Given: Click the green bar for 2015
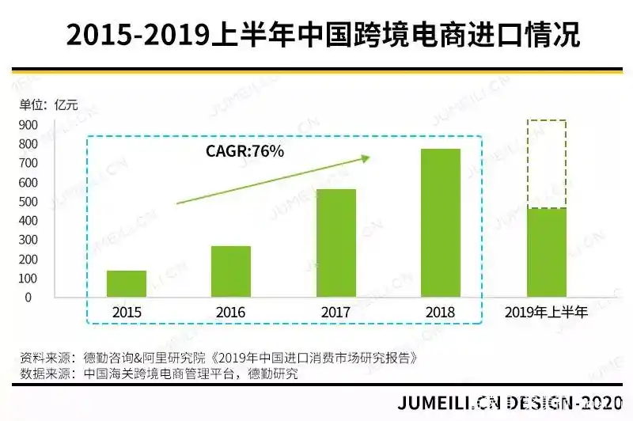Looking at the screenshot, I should [127, 283].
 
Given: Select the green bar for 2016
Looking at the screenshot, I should [231, 271].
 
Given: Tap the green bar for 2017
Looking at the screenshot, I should [336, 243].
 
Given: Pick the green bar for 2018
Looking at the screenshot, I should [441, 222].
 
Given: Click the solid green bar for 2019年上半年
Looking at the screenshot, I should [547, 252].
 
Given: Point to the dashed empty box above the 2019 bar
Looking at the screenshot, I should [547, 165].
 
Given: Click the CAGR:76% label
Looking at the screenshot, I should [245, 151].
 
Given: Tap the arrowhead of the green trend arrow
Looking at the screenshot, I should [365, 158].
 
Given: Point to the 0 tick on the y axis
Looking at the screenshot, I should [28, 298].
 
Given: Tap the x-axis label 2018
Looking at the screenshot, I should [441, 313].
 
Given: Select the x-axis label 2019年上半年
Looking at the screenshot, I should [547, 313].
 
